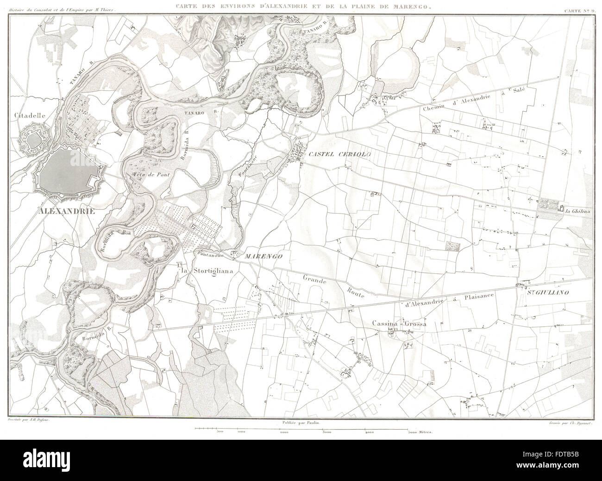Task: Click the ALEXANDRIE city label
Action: (67, 211)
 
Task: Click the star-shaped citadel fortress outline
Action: (32, 139)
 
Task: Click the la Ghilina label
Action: (577, 211)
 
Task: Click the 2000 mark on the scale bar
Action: (284, 432)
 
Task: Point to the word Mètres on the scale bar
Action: (422, 432)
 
